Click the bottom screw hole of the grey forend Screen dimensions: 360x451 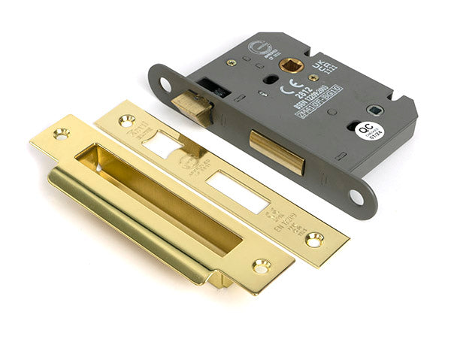pos(355,197)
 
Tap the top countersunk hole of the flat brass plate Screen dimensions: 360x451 pos(125,120)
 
